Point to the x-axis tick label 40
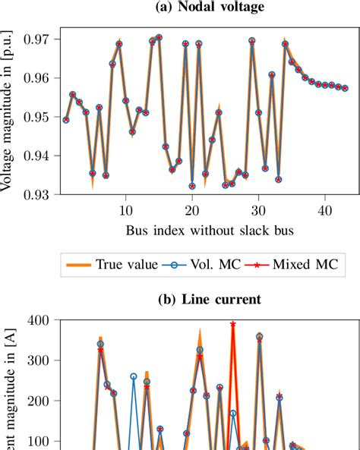[x=324, y=209]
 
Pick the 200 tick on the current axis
[x=38, y=401]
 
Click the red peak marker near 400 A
[x=232, y=324]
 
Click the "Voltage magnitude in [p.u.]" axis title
[x=9, y=114]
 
